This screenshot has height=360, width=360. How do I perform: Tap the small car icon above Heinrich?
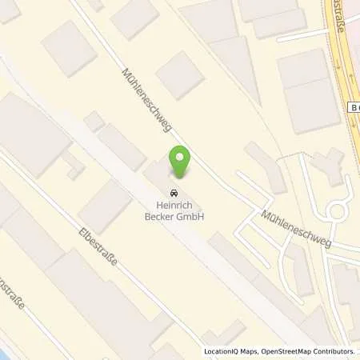[172, 192]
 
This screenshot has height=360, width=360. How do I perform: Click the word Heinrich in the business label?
[172, 205]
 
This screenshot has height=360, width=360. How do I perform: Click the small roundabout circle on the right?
[338, 212]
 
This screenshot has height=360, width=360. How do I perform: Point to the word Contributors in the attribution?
[331, 351]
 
